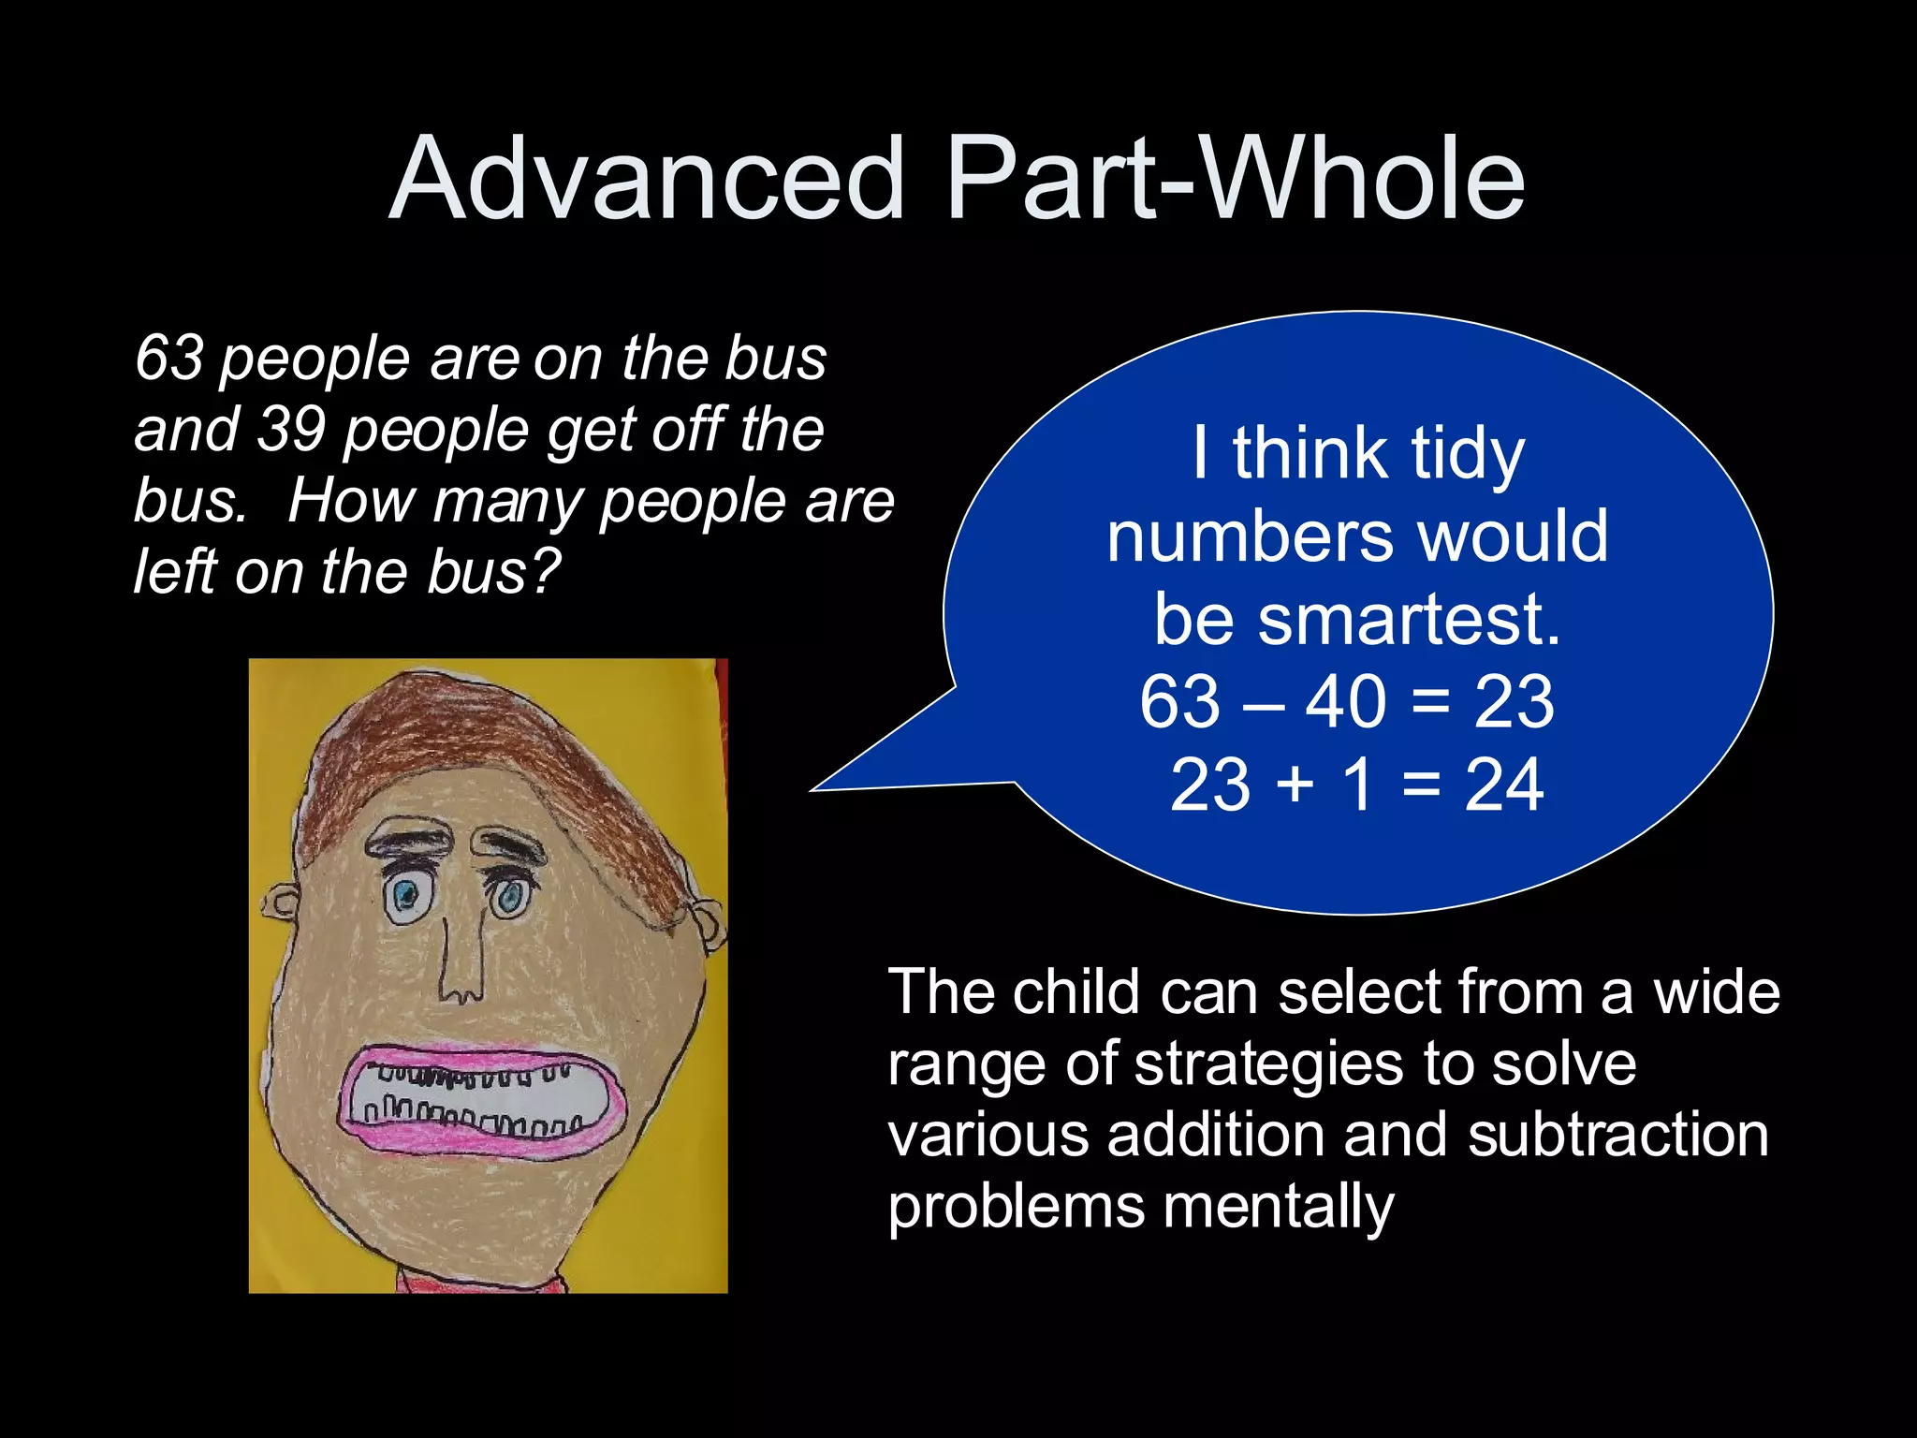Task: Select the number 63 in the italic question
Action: click(x=169, y=358)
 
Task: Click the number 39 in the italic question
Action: click(x=291, y=429)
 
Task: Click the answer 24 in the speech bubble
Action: click(x=1503, y=785)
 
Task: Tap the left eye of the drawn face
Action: click(x=406, y=897)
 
